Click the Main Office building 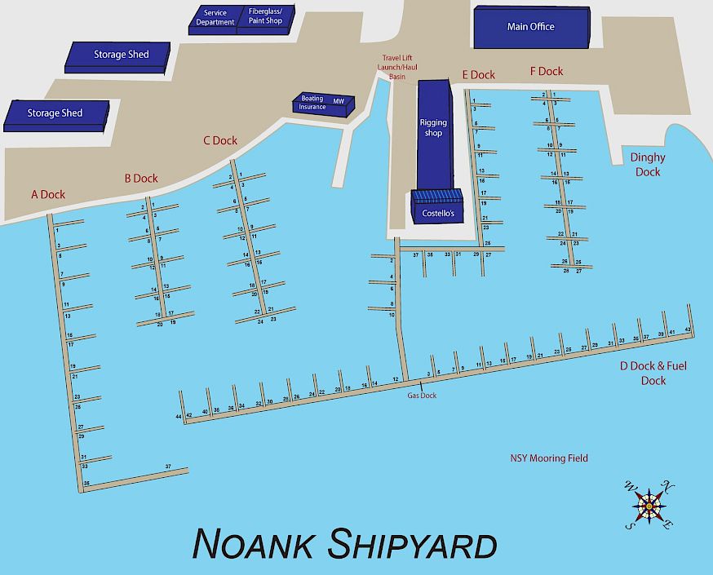point(530,28)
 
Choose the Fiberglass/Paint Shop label point(265,16)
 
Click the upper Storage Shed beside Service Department point(119,55)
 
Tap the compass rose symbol point(649,506)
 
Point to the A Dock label point(48,194)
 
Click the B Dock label point(141,178)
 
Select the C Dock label point(220,140)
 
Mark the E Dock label point(478,75)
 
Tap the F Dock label point(547,72)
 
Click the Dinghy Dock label point(648,165)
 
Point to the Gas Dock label point(423,396)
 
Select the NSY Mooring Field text point(549,458)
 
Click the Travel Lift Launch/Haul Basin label point(396,67)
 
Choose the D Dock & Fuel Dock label point(653,374)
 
